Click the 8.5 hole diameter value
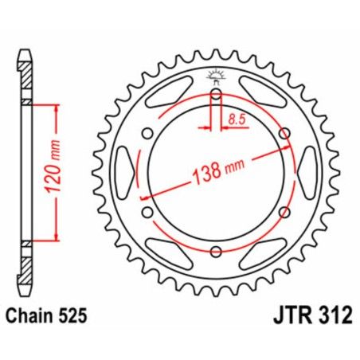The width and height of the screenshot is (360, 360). pos(237,119)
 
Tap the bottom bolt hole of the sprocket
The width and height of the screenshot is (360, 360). pos(215,252)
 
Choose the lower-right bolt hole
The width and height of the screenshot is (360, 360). pos(283,213)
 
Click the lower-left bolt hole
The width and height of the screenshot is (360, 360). pos(147,213)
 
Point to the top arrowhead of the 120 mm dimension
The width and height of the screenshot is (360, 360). pos(57,109)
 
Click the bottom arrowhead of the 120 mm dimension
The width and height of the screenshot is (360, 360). pos(57,236)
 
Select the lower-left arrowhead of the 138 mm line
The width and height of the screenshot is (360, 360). pos(144,196)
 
